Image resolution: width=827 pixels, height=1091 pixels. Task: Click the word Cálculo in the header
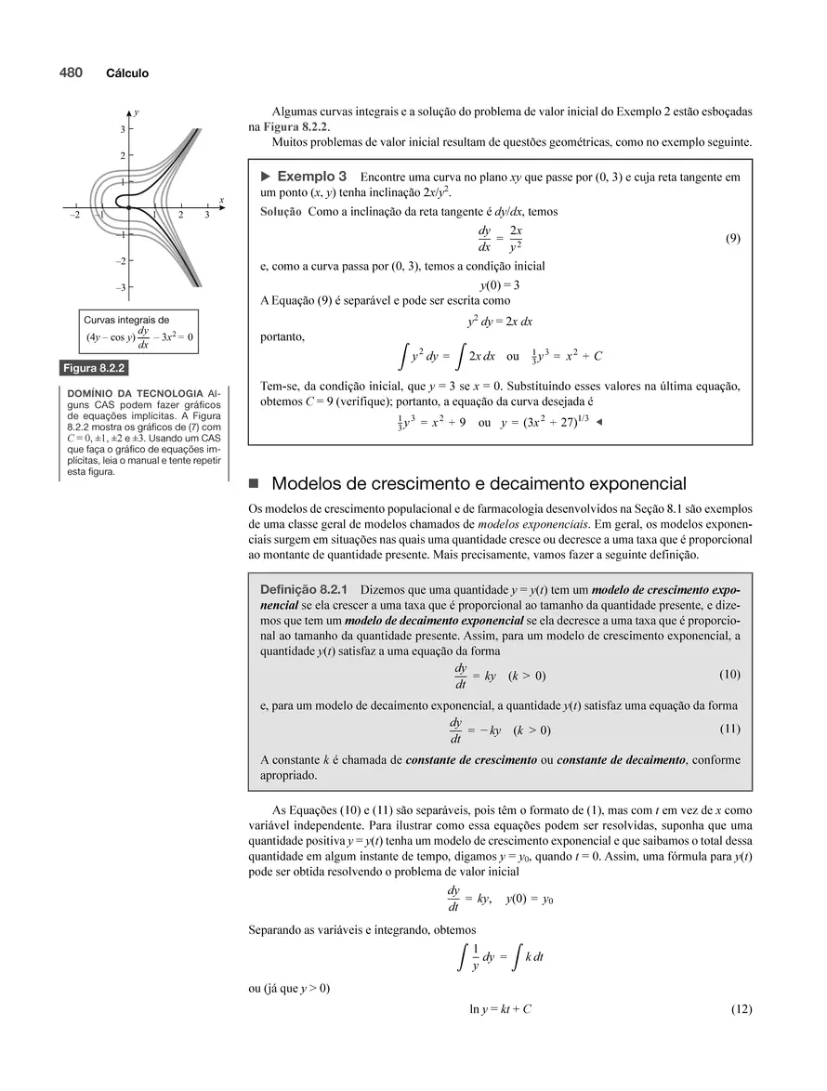[127, 73]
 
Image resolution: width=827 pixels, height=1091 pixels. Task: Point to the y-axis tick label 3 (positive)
[122, 129]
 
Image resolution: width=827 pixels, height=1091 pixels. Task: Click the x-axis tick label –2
[74, 216]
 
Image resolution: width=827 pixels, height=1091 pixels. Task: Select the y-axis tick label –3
[120, 288]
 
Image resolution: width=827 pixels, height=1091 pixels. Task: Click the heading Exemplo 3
[312, 176]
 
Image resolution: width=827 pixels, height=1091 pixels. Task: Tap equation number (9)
[732, 239]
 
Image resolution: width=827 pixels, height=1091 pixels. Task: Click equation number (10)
[729, 674]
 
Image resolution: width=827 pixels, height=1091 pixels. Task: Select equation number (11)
[729, 729]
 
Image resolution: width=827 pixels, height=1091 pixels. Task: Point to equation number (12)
[741, 1010]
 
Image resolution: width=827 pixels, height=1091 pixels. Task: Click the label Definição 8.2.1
[304, 589]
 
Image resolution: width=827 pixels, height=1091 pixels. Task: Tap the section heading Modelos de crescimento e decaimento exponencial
[479, 483]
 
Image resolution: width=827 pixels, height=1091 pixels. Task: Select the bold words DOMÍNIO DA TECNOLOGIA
[129, 393]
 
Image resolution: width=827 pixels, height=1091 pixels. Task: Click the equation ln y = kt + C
[500, 1010]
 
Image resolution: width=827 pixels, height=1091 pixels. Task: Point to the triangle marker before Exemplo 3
[266, 176]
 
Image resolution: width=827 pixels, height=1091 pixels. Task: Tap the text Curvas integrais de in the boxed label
[126, 320]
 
